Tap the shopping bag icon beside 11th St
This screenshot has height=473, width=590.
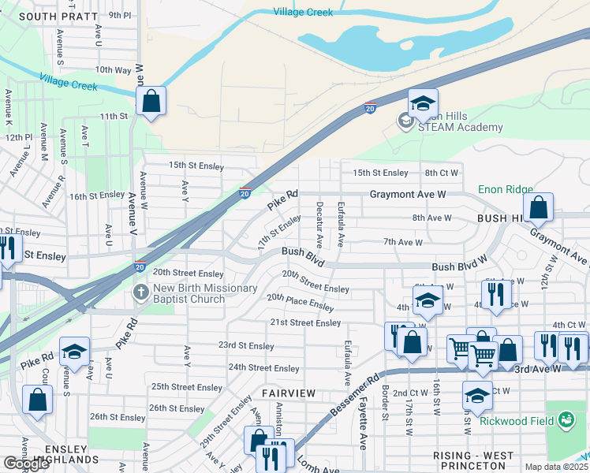pyautogui.click(x=151, y=102)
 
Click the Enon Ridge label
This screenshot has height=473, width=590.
pyautogui.click(x=506, y=190)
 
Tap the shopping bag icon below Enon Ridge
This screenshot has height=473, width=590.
pyautogui.click(x=538, y=208)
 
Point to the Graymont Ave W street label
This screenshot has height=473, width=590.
pyautogui.click(x=409, y=194)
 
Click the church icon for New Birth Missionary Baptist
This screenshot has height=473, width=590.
pyautogui.click(x=141, y=293)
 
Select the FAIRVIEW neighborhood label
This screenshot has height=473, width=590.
pyautogui.click(x=289, y=393)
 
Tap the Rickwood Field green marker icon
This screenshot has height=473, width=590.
pyautogui.click(x=566, y=420)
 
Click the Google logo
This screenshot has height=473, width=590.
pyautogui.click(x=26, y=464)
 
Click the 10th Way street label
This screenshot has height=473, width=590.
pyautogui.click(x=113, y=69)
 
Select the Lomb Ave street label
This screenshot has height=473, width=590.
pyautogui.click(x=314, y=465)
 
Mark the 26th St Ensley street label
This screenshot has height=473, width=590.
pyautogui.click(x=118, y=417)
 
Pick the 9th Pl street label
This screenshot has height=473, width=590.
pyautogui.click(x=120, y=14)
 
